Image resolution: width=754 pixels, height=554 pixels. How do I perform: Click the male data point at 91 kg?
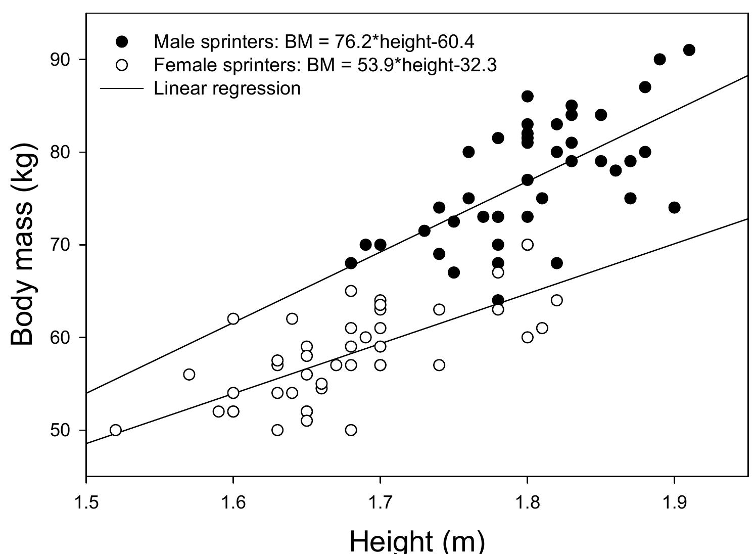(x=689, y=50)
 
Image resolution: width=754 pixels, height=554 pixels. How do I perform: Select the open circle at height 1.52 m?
(x=116, y=430)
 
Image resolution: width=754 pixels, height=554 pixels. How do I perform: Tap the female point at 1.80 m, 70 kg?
(x=527, y=245)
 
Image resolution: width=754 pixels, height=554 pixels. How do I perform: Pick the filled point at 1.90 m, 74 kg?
(x=674, y=208)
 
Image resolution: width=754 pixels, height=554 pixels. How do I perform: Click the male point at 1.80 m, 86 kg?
(x=527, y=97)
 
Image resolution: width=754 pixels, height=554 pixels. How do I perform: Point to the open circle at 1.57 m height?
(x=189, y=375)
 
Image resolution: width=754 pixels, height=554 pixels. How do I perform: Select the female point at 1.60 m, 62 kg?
(x=233, y=319)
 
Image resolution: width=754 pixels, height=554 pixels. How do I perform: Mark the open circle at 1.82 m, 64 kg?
(x=556, y=300)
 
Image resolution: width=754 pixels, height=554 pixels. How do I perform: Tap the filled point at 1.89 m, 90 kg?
(x=659, y=60)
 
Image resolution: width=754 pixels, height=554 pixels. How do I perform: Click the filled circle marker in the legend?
(x=122, y=41)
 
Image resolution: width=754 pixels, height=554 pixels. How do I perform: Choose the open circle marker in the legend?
(x=122, y=65)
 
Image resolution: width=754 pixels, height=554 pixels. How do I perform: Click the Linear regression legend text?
(x=227, y=88)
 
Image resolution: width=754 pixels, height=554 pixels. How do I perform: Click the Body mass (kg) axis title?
(x=23, y=244)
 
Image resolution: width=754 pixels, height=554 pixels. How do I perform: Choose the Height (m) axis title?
(x=417, y=541)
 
